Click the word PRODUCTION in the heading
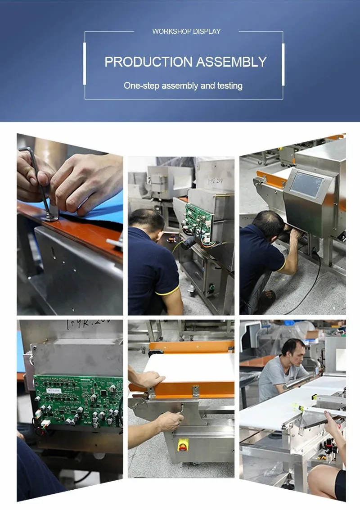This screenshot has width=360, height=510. tap(142, 62)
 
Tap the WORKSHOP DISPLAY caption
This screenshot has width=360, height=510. tap(186, 32)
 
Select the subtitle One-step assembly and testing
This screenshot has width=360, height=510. tap(183, 86)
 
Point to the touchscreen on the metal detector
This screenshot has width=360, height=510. tap(307, 185)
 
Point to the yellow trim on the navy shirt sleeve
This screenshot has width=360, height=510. tap(167, 290)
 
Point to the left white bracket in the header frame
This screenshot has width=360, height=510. tap(84, 63)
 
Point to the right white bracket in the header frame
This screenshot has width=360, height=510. tap(283, 63)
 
